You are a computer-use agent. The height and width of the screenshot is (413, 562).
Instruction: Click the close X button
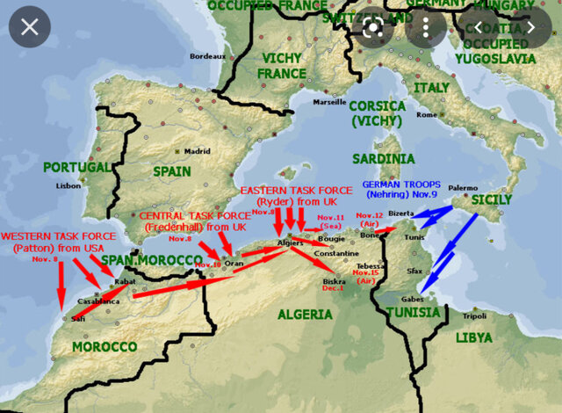(30, 26)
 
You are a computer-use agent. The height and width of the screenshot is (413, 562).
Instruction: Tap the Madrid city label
(197, 150)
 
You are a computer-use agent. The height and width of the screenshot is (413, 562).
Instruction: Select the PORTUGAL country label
(78, 167)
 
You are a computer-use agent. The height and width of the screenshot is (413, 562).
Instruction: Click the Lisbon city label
(68, 185)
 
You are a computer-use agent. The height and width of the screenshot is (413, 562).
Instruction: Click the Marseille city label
(329, 101)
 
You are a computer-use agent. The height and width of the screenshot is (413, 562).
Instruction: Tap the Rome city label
(427, 114)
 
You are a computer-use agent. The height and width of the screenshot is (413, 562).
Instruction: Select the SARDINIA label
(383, 158)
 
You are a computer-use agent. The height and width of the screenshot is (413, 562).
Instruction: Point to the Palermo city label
(463, 188)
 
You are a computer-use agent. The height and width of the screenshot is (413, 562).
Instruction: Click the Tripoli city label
(475, 315)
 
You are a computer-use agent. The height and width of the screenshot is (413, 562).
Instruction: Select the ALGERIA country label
(305, 314)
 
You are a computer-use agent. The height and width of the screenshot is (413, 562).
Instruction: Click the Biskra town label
(333, 281)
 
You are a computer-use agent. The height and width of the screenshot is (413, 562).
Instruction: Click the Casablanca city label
(97, 300)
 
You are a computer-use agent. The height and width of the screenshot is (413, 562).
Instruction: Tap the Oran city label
(234, 263)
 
